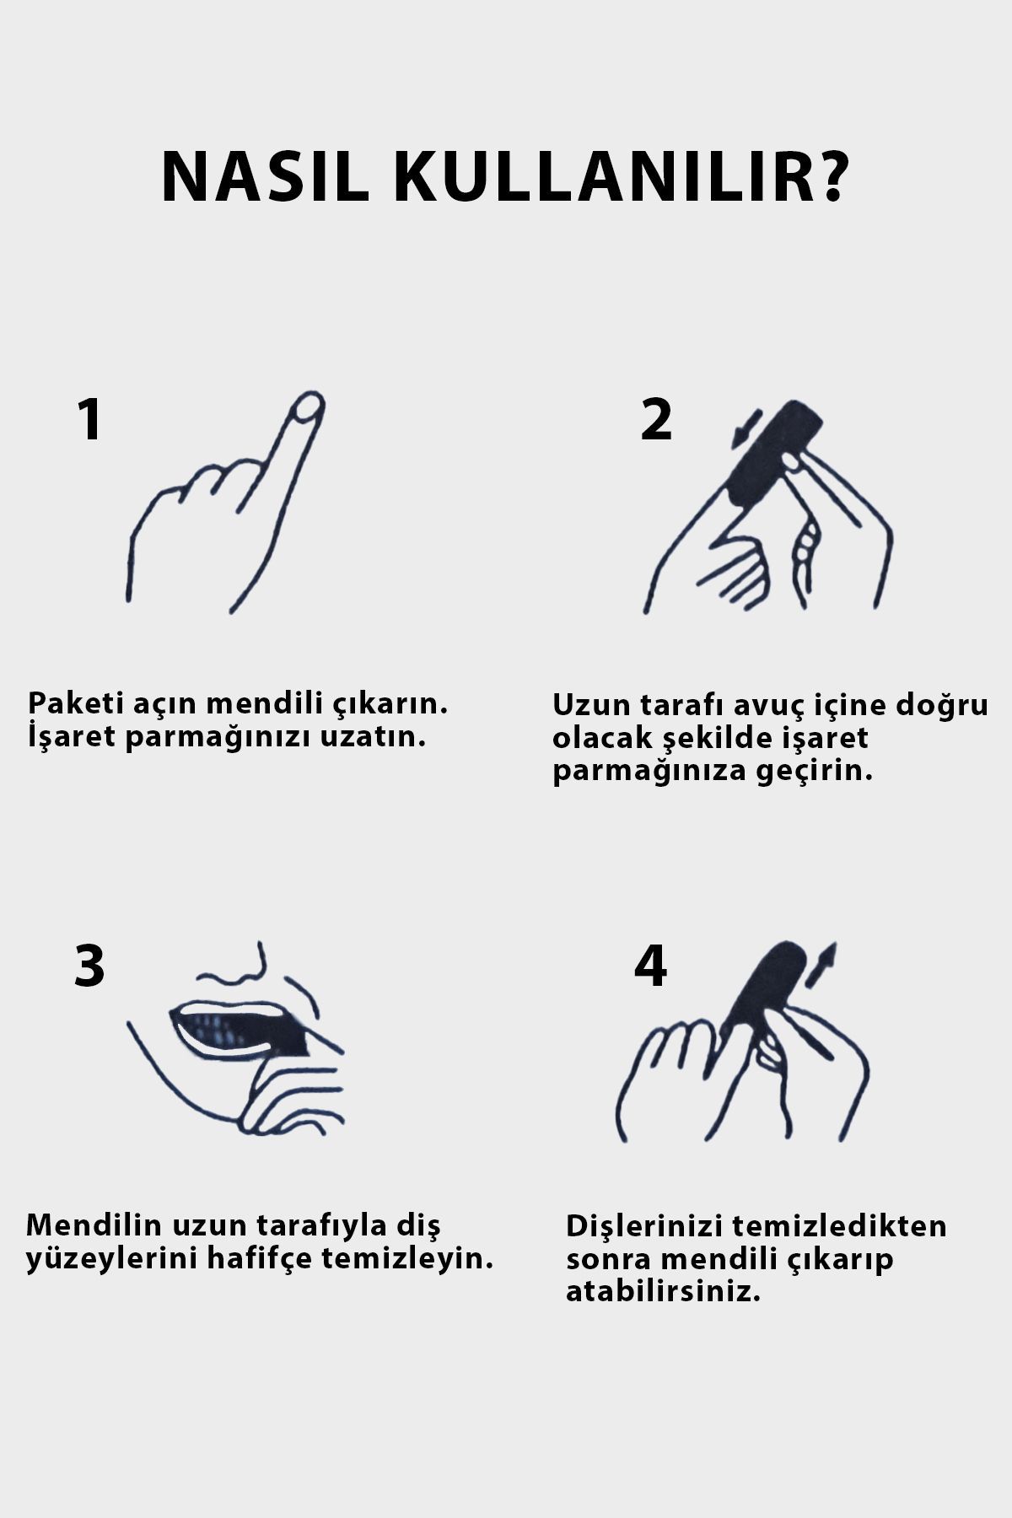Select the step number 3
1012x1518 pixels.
point(89,966)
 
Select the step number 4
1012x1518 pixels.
point(650,966)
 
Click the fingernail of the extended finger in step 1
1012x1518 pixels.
point(306,409)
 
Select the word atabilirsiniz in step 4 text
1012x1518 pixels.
point(663,1292)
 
